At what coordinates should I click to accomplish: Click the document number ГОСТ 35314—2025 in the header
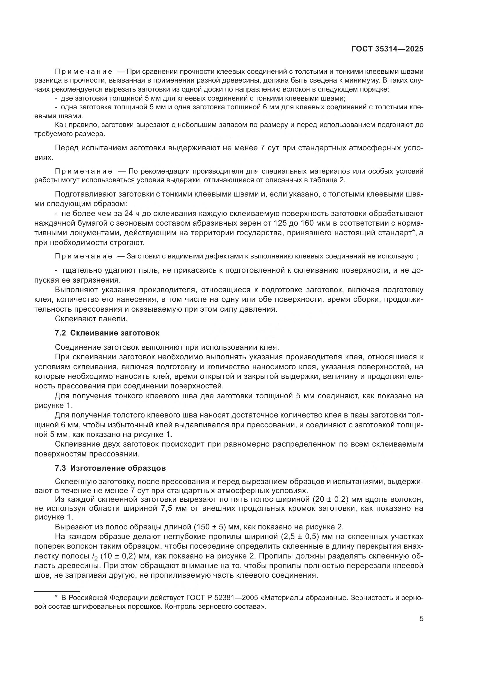[387, 49]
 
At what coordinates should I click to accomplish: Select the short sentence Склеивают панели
[91, 319]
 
